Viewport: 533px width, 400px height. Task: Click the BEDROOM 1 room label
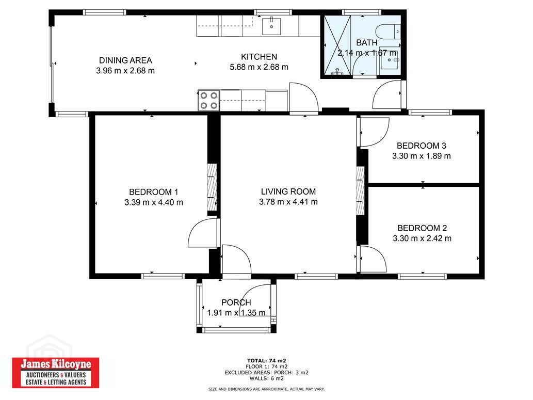pyautogui.click(x=154, y=192)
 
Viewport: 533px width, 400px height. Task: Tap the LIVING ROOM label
pyautogui.click(x=288, y=191)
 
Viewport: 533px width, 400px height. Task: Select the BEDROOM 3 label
pyautogui.click(x=422, y=146)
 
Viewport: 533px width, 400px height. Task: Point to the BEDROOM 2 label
pyautogui.click(x=422, y=228)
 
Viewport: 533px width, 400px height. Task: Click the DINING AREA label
pyautogui.click(x=125, y=60)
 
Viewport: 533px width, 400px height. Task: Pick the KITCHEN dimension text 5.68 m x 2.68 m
pyautogui.click(x=259, y=67)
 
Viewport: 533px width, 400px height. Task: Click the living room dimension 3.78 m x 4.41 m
pyautogui.click(x=288, y=202)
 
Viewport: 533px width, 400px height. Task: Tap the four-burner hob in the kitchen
pyautogui.click(x=209, y=100)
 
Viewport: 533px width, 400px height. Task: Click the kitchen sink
pyautogui.click(x=271, y=26)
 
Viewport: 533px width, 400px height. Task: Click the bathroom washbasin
pyautogui.click(x=391, y=60)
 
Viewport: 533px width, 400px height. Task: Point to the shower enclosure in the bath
pyautogui.click(x=337, y=45)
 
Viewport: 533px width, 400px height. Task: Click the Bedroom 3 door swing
pyautogui.click(x=375, y=132)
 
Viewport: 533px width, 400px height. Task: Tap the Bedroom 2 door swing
pyautogui.click(x=373, y=259)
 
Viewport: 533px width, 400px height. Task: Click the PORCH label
pyautogui.click(x=236, y=303)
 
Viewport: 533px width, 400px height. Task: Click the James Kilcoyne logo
pyautogui.click(x=56, y=373)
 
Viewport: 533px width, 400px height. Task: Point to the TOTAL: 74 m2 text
pyautogui.click(x=266, y=361)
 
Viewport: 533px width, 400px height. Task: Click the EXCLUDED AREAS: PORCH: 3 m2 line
pyautogui.click(x=266, y=373)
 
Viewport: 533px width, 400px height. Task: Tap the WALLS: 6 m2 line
pyautogui.click(x=266, y=378)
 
